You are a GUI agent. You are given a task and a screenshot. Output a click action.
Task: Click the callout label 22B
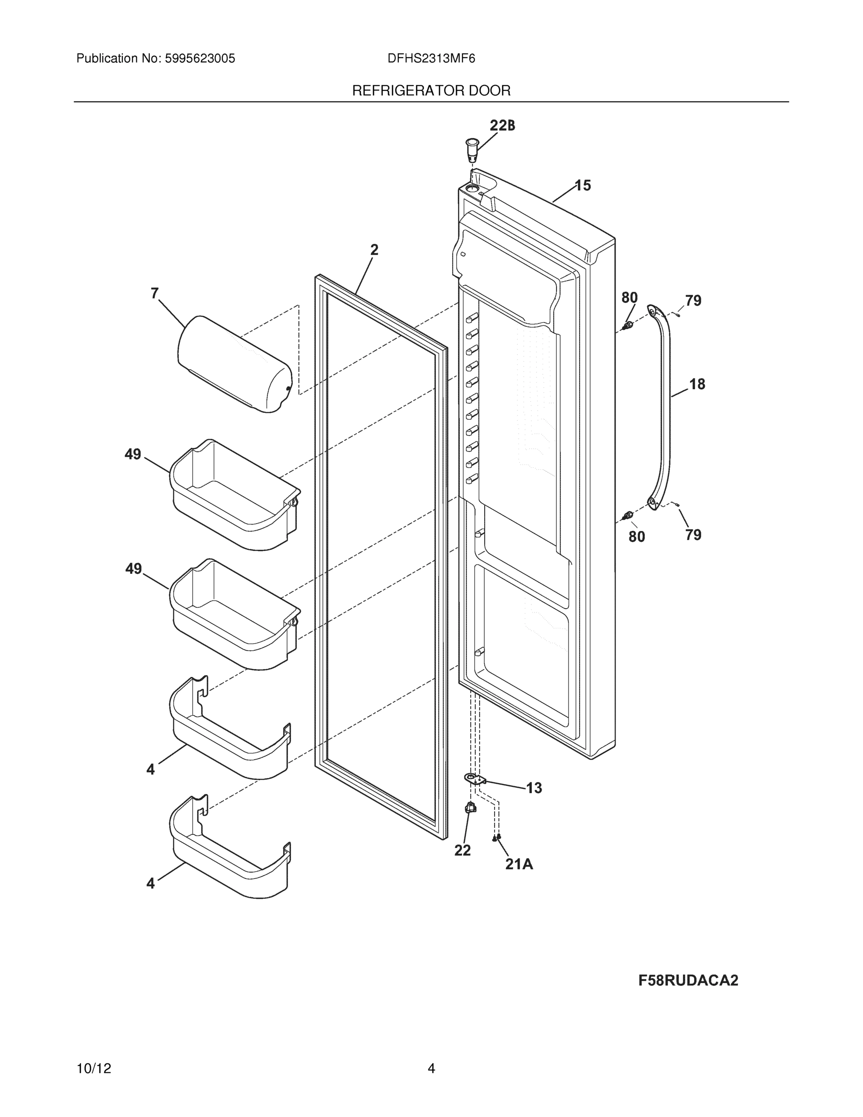(502, 125)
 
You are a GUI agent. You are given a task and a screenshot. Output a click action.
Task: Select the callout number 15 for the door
(583, 186)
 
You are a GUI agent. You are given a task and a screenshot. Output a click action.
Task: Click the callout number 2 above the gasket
(374, 250)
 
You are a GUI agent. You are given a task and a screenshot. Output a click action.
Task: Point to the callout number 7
(154, 293)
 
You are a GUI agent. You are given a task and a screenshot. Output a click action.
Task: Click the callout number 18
(697, 384)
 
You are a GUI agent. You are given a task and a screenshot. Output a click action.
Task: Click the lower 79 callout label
(693, 535)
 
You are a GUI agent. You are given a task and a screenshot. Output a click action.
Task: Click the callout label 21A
(519, 864)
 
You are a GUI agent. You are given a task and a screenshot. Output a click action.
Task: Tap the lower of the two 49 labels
(134, 569)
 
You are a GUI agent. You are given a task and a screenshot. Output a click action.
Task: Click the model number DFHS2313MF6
(431, 59)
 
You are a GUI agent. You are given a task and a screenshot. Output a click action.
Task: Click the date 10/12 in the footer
(94, 1069)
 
